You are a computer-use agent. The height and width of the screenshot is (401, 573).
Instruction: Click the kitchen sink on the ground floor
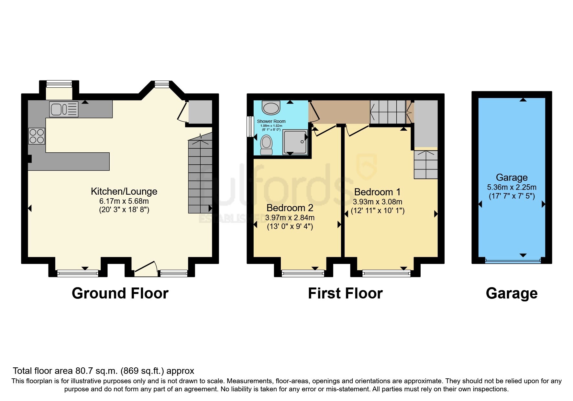64,109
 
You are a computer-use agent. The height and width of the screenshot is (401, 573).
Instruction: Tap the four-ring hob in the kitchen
37,136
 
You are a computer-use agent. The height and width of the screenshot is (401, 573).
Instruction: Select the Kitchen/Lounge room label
124,191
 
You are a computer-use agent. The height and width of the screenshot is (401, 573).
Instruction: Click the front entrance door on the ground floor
146,269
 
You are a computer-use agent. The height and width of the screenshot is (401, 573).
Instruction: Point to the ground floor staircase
200,176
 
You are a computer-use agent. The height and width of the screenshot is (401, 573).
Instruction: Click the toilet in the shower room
266,145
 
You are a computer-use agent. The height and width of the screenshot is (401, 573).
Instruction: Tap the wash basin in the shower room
271,107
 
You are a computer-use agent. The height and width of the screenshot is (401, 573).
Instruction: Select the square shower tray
295,142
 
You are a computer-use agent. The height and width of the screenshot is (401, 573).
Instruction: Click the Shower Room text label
271,121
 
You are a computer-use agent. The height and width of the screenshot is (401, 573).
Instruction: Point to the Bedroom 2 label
290,208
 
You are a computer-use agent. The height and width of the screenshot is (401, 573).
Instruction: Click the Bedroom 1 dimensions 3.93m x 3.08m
377,202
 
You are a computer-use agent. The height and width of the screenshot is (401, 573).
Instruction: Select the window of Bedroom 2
303,274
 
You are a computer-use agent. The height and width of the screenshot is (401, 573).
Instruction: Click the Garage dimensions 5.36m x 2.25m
512,187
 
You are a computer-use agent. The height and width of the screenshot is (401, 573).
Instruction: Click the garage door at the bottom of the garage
513,260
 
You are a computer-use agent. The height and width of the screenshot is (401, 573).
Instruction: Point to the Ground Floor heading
120,293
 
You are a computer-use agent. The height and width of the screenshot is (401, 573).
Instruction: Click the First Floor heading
345,293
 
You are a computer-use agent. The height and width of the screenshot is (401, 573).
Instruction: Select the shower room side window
250,126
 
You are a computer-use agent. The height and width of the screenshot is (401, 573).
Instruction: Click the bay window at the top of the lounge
162,84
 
